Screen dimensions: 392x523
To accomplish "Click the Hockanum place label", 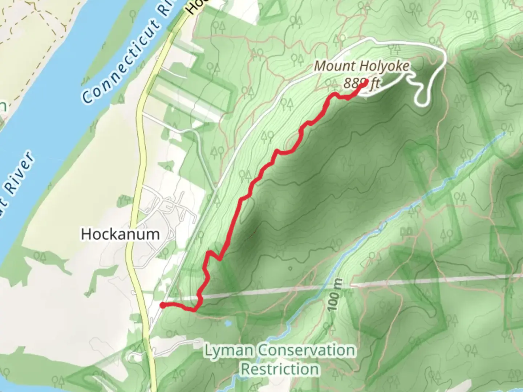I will [x=120, y=234].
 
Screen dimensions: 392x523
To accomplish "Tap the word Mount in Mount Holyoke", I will [x=329, y=66].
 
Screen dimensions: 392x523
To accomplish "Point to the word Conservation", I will [x=307, y=351].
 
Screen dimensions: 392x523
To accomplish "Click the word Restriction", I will [x=280, y=369].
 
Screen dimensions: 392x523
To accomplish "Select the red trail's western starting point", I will [x=163, y=305].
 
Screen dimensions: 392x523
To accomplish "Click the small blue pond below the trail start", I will [x=227, y=323].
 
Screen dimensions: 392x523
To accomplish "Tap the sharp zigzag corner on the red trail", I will [x=219, y=259].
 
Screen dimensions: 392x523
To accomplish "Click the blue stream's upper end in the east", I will [x=504, y=133].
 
